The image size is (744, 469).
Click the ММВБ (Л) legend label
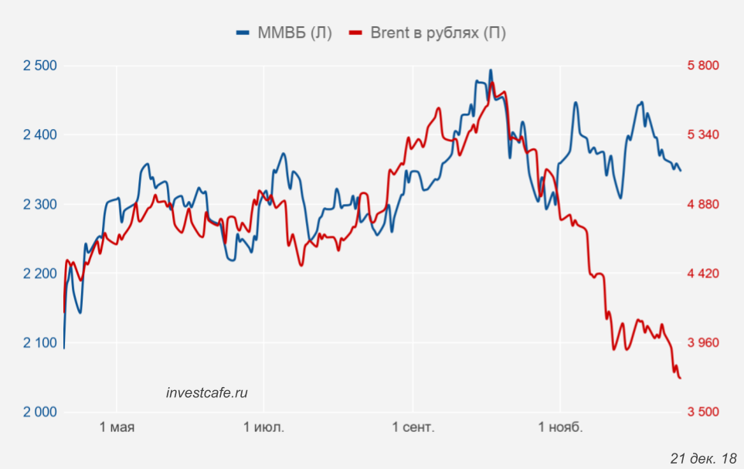pos(294,32)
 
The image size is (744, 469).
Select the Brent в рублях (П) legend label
pos(438,32)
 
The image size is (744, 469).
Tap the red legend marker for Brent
pos(356,32)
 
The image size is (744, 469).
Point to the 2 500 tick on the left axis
pos(40,65)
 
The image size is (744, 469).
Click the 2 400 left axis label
pos(40,134)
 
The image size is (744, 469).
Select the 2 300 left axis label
pos(40,204)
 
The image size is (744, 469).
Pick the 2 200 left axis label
pos(40,274)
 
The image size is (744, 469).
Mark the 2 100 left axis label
pos(40,342)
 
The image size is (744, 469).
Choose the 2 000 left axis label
pos(40,412)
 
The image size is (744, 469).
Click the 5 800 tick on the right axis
pos(703,65)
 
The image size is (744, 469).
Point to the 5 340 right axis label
pos(703,134)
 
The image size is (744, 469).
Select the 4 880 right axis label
pos(703,204)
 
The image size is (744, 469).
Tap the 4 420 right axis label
pos(703,274)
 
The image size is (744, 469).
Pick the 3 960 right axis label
pos(703,342)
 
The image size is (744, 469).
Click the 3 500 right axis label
pos(703,412)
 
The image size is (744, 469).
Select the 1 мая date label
pos(117,427)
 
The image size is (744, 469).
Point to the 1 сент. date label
pos(413,427)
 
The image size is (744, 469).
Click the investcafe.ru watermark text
pos(207,393)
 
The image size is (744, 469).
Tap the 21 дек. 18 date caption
pos(703,457)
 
